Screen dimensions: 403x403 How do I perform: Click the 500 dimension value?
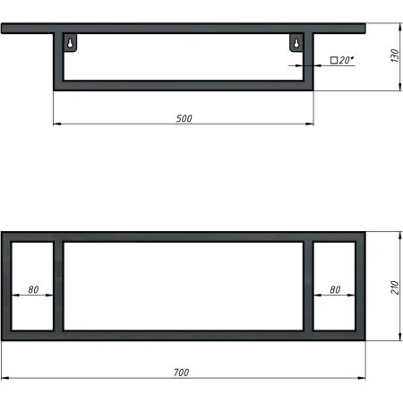(x=184, y=118)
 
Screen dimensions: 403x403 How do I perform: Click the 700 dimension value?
(x=181, y=373)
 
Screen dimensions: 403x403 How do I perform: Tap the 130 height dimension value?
(x=395, y=56)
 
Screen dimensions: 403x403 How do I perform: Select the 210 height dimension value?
(x=395, y=287)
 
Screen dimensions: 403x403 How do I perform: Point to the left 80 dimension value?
(x=33, y=289)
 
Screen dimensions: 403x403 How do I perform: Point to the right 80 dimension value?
(x=335, y=289)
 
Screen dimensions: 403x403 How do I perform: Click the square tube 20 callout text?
(x=342, y=60)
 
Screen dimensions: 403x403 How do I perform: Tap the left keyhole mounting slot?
(x=70, y=43)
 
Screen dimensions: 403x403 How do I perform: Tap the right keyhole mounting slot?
(x=296, y=43)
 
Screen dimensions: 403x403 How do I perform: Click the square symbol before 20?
(x=334, y=60)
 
